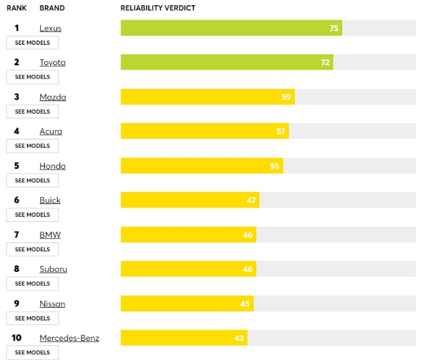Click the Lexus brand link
51,28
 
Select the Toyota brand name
53,63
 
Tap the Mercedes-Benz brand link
69,338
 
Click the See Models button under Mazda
33,111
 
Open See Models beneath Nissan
33,318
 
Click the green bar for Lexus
231,28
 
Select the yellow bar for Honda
201,166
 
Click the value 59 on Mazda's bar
286,97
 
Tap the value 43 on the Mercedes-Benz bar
239,338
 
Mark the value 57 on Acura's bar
281,131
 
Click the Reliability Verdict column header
158,8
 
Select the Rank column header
17,8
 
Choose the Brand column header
52,8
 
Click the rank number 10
17,338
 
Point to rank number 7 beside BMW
17,235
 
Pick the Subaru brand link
53,269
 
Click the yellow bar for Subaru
188,269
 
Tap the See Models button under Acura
33,146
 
